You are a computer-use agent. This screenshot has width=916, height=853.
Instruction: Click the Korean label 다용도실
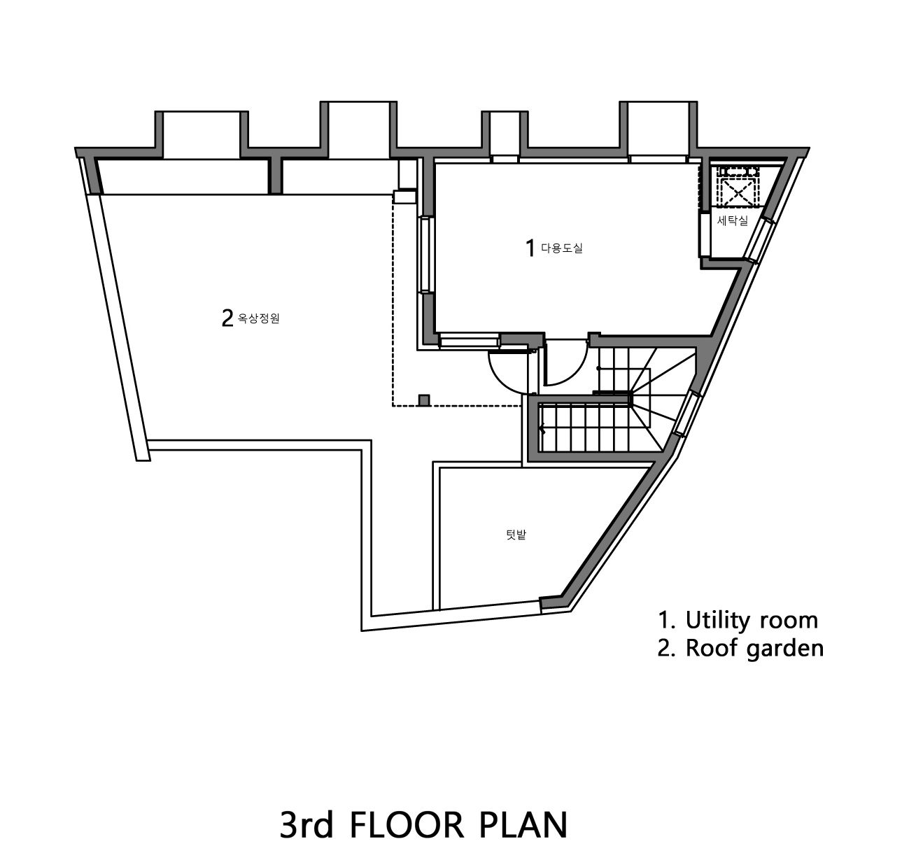click(562, 248)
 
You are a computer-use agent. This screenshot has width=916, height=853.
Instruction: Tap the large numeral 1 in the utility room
click(530, 248)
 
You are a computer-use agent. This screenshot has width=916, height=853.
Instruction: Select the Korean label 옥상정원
click(258, 318)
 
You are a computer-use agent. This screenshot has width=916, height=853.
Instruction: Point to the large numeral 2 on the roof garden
click(227, 318)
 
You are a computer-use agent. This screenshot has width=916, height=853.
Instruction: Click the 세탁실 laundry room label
click(733, 220)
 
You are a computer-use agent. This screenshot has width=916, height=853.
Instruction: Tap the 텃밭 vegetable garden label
click(516, 535)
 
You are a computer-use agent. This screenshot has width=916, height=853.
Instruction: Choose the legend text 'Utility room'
click(752, 620)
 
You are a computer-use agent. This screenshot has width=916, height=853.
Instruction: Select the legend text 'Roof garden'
click(754, 648)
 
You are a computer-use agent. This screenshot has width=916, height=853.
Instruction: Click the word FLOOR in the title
click(407, 825)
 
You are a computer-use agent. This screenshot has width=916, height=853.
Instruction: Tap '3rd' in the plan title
click(306, 825)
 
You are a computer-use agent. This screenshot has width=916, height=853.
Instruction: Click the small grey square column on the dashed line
click(424, 400)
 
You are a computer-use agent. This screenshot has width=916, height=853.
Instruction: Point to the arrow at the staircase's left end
click(543, 430)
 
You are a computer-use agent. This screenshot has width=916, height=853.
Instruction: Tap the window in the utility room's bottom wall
click(469, 341)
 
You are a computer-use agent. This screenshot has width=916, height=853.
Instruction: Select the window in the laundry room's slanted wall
click(760, 241)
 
